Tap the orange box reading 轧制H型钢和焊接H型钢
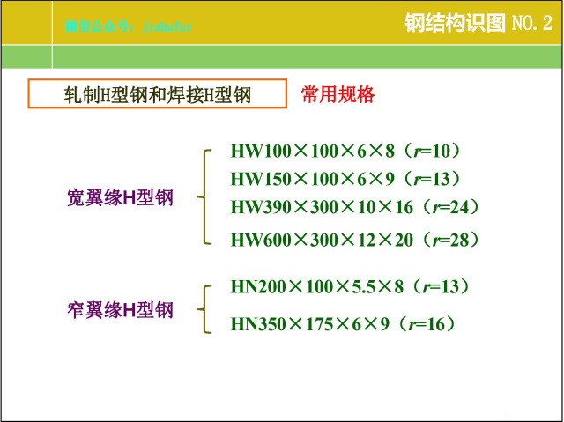point(158,95)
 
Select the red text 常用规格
point(338,94)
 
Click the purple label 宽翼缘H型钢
point(121,198)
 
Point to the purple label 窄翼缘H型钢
point(121,309)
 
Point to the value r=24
point(453,207)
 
